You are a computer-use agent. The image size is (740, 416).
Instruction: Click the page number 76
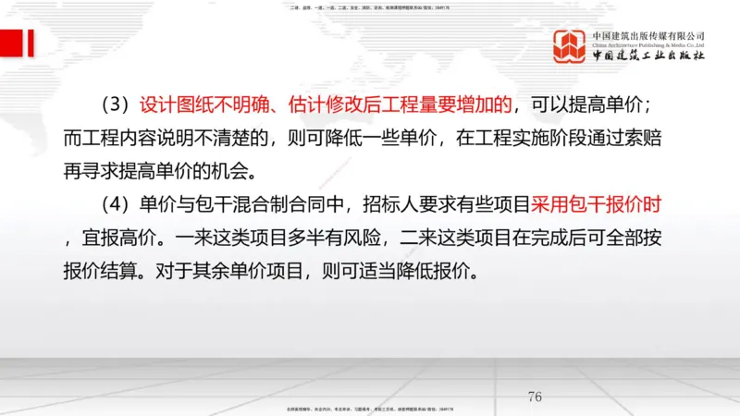[534, 398]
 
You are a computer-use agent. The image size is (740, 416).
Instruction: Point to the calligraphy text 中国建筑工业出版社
[648, 55]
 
